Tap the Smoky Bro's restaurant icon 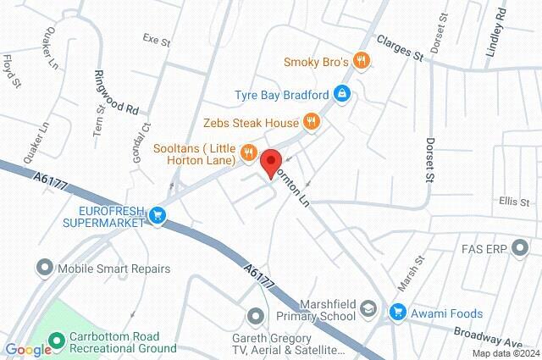(x=362, y=59)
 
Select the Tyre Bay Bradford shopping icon (x=341, y=92)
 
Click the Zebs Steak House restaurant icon (x=311, y=122)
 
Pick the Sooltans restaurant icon (x=248, y=152)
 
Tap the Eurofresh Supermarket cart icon (x=157, y=216)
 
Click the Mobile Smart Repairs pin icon (x=44, y=269)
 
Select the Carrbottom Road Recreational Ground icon (x=57, y=341)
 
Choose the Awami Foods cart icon (x=396, y=313)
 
